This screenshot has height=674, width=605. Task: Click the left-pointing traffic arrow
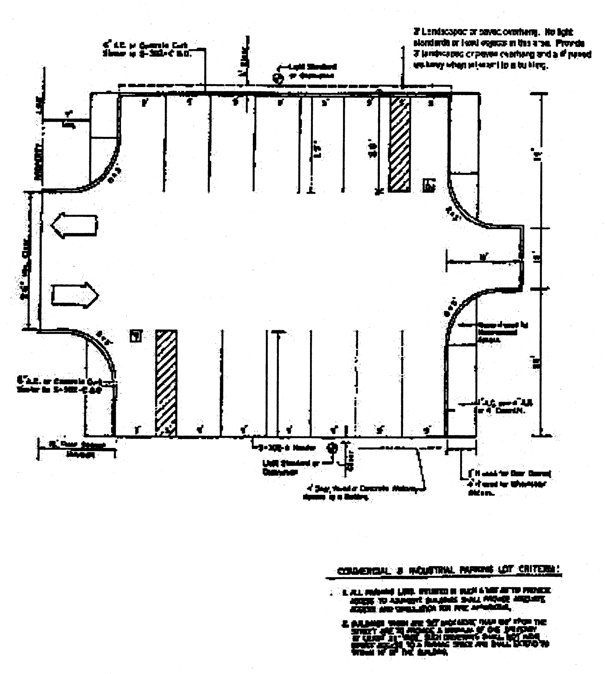[x=74, y=225]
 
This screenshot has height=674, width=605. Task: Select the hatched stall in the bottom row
[x=166, y=382]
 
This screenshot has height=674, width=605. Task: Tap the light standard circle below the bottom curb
[x=332, y=448]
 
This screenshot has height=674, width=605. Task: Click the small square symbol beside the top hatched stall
[x=429, y=185]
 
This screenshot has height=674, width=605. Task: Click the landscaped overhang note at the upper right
[x=502, y=49]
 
